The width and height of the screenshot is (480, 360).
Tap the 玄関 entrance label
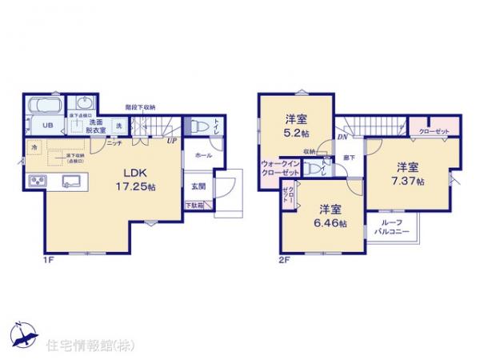197,186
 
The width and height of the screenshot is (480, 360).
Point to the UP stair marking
171,142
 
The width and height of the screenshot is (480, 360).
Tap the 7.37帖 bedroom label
407,174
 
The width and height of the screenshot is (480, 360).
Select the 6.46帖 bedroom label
329,217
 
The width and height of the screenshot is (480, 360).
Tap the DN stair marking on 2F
342,138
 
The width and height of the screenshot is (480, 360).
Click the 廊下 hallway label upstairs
349,158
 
